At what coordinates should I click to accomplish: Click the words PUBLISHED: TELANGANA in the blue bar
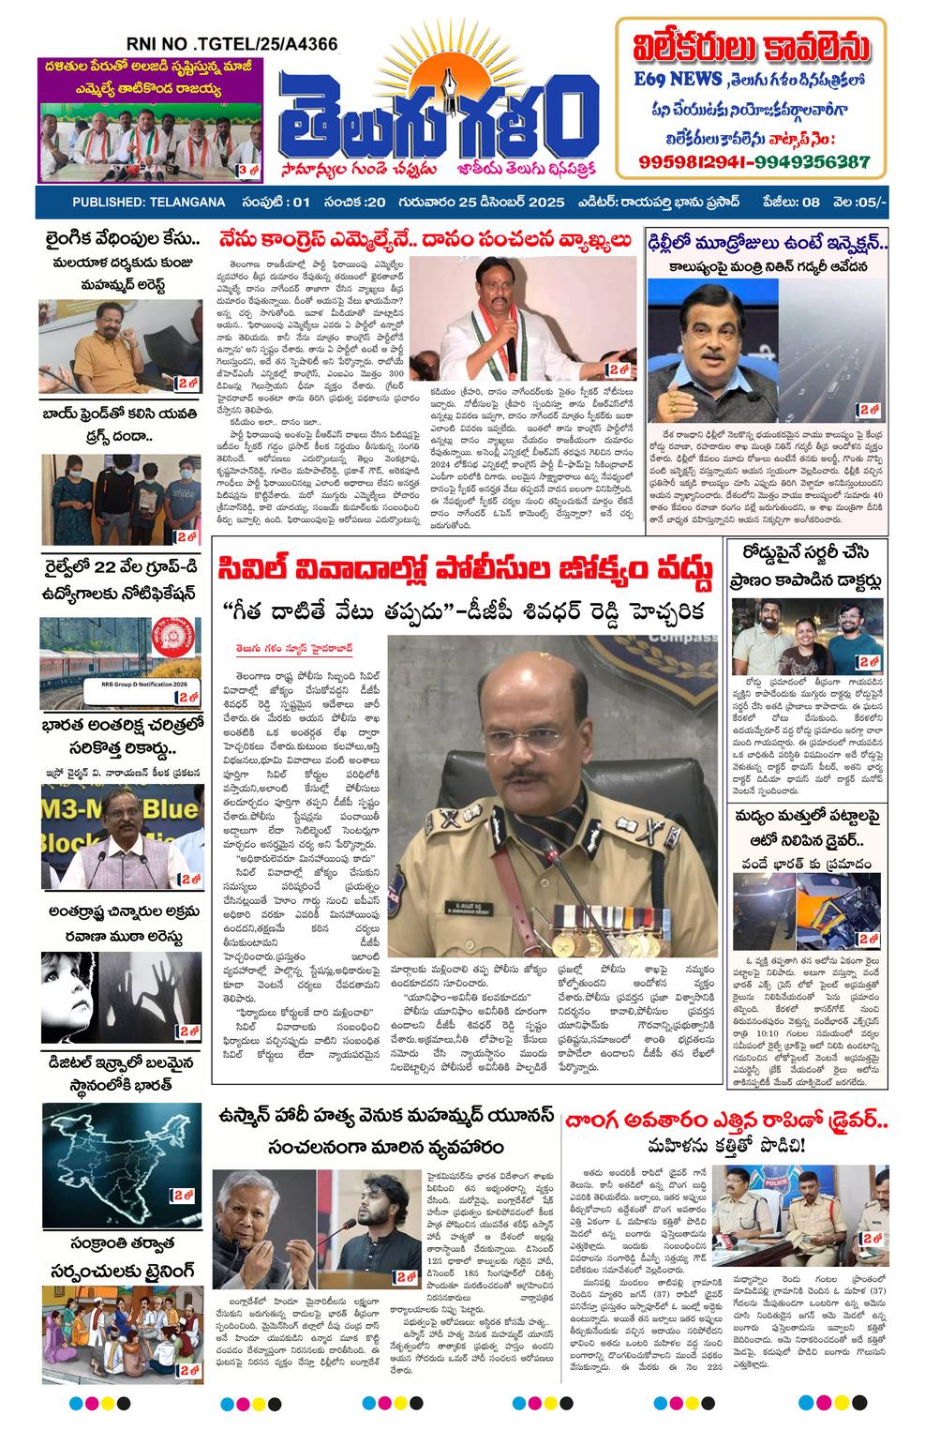pyautogui.click(x=148, y=203)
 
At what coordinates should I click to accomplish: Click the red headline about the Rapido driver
pyautogui.click(x=725, y=1121)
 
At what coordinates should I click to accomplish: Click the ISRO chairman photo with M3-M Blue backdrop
pyautogui.click(x=122, y=838)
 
